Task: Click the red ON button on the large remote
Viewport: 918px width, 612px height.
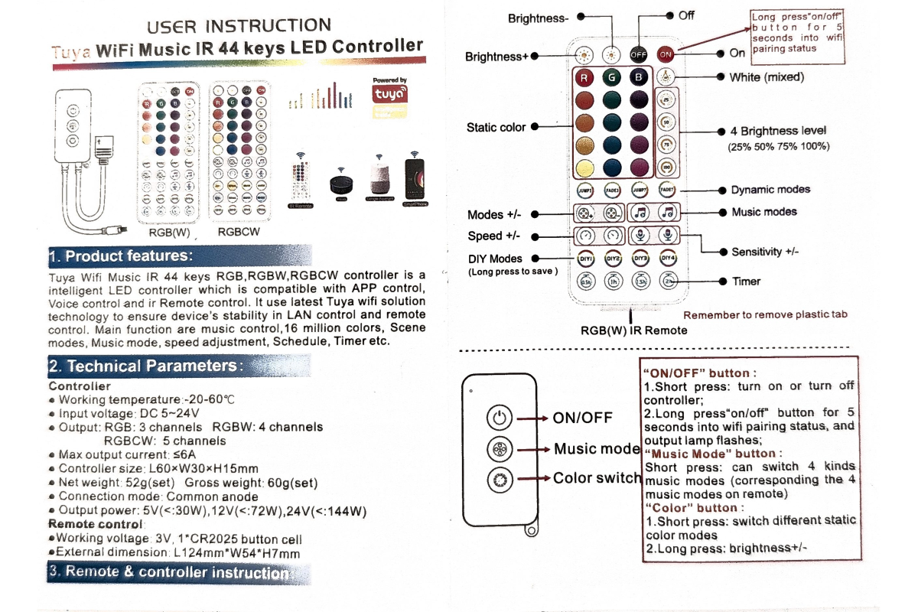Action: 666,54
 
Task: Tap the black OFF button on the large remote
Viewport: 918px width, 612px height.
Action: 638,54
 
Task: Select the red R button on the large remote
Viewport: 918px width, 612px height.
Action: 585,77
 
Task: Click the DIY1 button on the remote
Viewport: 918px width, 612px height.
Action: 586,259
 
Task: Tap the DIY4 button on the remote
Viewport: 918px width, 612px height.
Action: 668,259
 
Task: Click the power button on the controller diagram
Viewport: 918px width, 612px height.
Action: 499,418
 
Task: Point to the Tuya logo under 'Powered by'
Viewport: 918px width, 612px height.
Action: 389,95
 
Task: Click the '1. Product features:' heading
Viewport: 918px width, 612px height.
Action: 121,256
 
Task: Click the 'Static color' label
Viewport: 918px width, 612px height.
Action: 496,127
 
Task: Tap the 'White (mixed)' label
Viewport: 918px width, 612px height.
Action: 767,76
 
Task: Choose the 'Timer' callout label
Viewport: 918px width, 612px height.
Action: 746,281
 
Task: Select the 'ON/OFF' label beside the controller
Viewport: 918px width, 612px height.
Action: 582,418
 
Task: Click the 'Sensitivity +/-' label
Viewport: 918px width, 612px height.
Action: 767,252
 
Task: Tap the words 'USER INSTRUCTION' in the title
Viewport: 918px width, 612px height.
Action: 239,27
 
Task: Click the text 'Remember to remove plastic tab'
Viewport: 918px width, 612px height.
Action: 765,314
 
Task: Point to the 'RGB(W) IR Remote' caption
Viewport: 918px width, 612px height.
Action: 633,330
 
